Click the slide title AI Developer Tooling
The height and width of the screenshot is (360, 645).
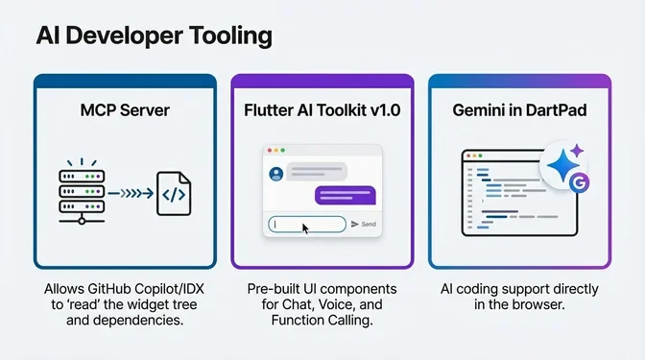(x=154, y=37)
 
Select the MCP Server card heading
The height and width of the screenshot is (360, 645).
(x=125, y=111)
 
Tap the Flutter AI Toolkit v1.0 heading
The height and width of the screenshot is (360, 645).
(x=322, y=111)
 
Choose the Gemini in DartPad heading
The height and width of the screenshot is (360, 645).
(x=519, y=111)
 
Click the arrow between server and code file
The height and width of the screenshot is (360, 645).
(x=128, y=195)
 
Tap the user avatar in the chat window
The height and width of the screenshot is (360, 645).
(x=276, y=174)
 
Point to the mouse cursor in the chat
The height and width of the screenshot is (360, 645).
(x=305, y=228)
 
